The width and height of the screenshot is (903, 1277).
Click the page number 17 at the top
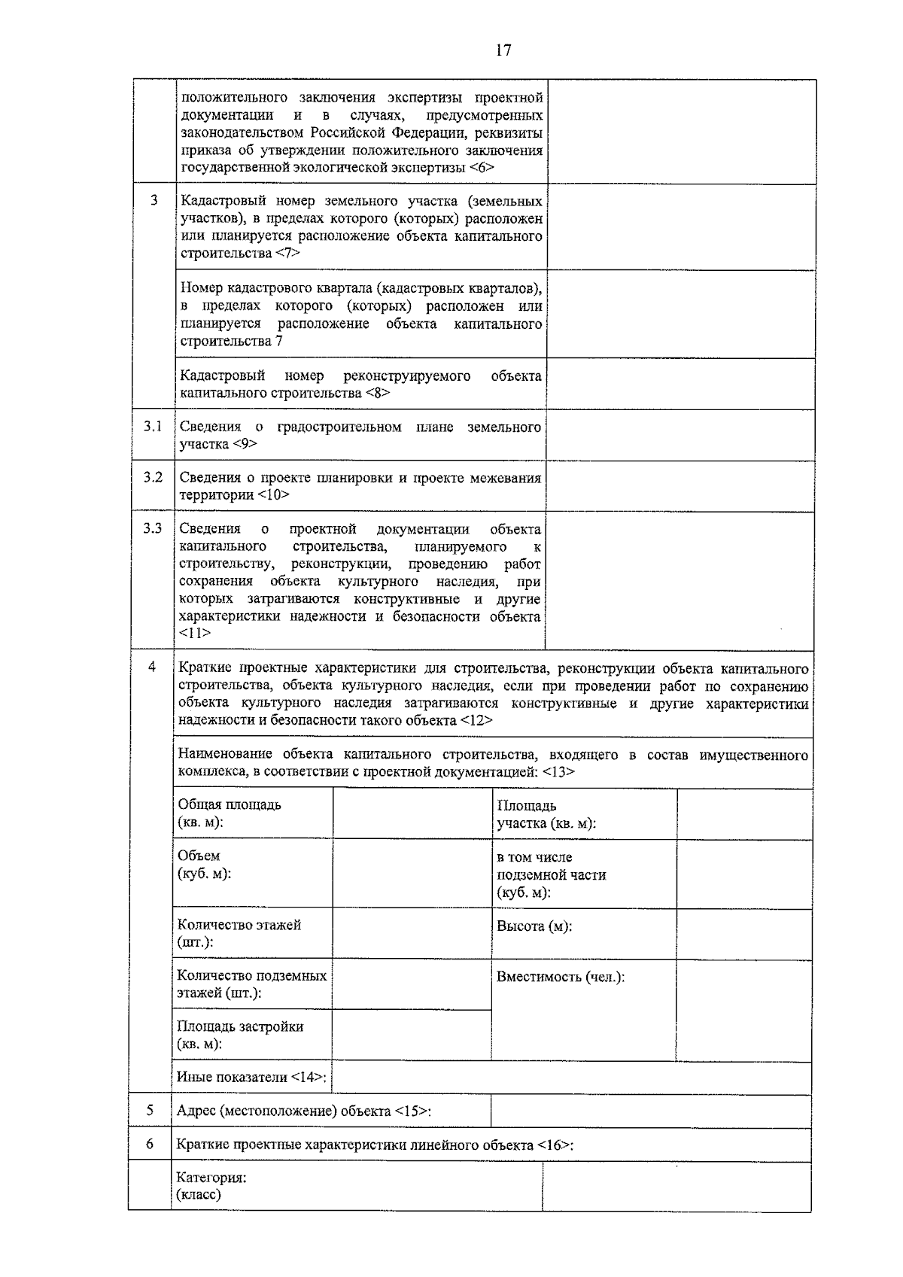503,50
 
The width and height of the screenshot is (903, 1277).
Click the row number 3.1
154,427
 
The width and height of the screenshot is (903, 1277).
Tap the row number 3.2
154,478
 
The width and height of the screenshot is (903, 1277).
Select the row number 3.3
153,528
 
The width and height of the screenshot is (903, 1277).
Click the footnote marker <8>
378,393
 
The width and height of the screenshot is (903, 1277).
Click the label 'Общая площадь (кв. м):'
230,813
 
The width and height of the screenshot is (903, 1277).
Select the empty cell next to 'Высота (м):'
743,934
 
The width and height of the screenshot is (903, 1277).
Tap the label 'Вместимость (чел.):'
561,977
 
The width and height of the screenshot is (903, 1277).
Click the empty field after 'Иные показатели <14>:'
570,1078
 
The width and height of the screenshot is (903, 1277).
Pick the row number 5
150,1110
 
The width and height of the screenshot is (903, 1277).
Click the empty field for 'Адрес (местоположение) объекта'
650,1111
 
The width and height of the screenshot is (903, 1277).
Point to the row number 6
150,1144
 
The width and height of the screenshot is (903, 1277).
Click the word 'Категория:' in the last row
211,1178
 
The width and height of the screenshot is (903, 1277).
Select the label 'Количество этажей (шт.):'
239,933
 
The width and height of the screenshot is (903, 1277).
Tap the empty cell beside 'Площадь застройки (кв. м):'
411,1035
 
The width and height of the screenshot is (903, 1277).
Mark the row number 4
152,667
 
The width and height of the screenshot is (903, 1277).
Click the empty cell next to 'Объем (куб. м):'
412,873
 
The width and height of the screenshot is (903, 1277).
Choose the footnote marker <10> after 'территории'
273,495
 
